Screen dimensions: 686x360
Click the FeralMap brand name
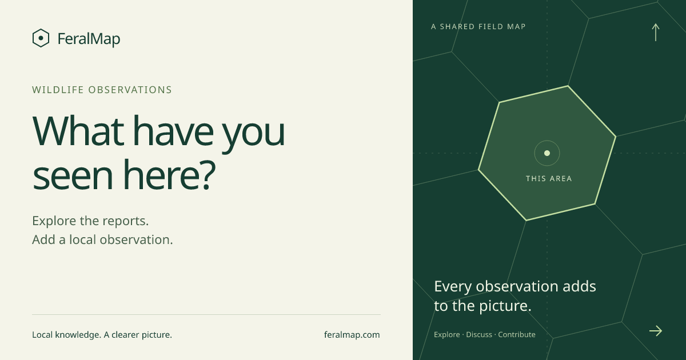tap(89, 39)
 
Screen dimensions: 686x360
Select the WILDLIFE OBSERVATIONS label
tap(102, 90)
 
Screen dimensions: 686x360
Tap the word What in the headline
tap(78, 130)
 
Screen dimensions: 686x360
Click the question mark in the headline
tap(207, 174)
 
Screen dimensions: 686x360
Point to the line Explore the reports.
tap(90, 221)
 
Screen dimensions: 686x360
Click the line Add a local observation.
tap(102, 239)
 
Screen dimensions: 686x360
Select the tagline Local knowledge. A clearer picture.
tap(102, 335)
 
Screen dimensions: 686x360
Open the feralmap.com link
tap(352, 335)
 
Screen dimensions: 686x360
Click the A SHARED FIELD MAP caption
tap(478, 27)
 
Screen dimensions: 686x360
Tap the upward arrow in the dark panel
tap(655, 32)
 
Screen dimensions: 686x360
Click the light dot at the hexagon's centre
tap(547, 153)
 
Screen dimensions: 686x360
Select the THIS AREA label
tap(549, 178)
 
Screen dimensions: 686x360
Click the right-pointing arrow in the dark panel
tap(656, 331)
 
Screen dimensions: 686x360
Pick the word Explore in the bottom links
tap(447, 335)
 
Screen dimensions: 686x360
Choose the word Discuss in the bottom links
tap(479, 335)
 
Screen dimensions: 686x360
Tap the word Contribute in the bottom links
tap(517, 335)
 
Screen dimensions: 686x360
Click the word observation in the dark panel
tap(517, 286)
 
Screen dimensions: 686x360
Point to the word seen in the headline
tap(73, 175)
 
